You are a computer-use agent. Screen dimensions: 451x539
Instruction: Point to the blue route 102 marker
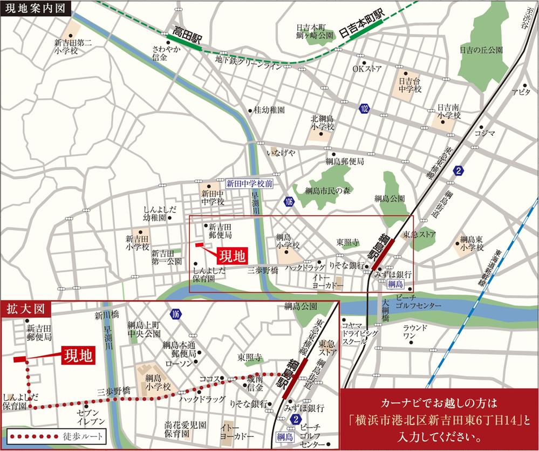tap(365, 110)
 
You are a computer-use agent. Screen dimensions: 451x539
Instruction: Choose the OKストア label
tap(367, 69)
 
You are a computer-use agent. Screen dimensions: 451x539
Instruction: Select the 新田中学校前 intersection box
tap(250, 183)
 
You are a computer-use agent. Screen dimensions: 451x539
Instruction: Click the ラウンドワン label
tap(416, 331)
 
